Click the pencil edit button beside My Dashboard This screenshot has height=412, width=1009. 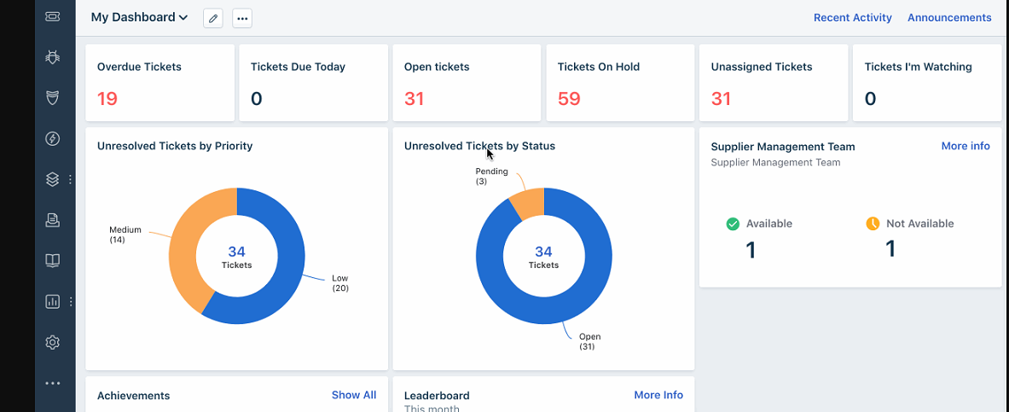click(213, 18)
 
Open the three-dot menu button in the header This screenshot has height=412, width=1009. click(242, 18)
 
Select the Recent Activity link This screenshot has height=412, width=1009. click(853, 17)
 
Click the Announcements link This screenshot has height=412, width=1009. click(949, 17)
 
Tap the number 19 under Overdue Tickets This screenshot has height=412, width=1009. click(107, 98)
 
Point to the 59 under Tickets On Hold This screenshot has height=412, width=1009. click(569, 98)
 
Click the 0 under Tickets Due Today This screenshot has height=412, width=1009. click(256, 98)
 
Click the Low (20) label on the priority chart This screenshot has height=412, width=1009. click(339, 283)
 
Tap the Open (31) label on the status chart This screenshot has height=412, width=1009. click(589, 341)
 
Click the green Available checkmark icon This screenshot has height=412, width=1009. click(733, 223)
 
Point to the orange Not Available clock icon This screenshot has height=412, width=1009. click(873, 223)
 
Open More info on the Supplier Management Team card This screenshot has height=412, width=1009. click(966, 146)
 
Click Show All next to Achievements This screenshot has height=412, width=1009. click(354, 395)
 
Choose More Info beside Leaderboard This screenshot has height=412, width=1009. click(658, 395)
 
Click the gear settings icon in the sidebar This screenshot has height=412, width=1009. click(53, 342)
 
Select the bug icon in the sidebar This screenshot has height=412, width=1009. click(53, 57)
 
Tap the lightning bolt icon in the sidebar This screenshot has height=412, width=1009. click(53, 138)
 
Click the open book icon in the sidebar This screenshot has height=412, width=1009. click(53, 261)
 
